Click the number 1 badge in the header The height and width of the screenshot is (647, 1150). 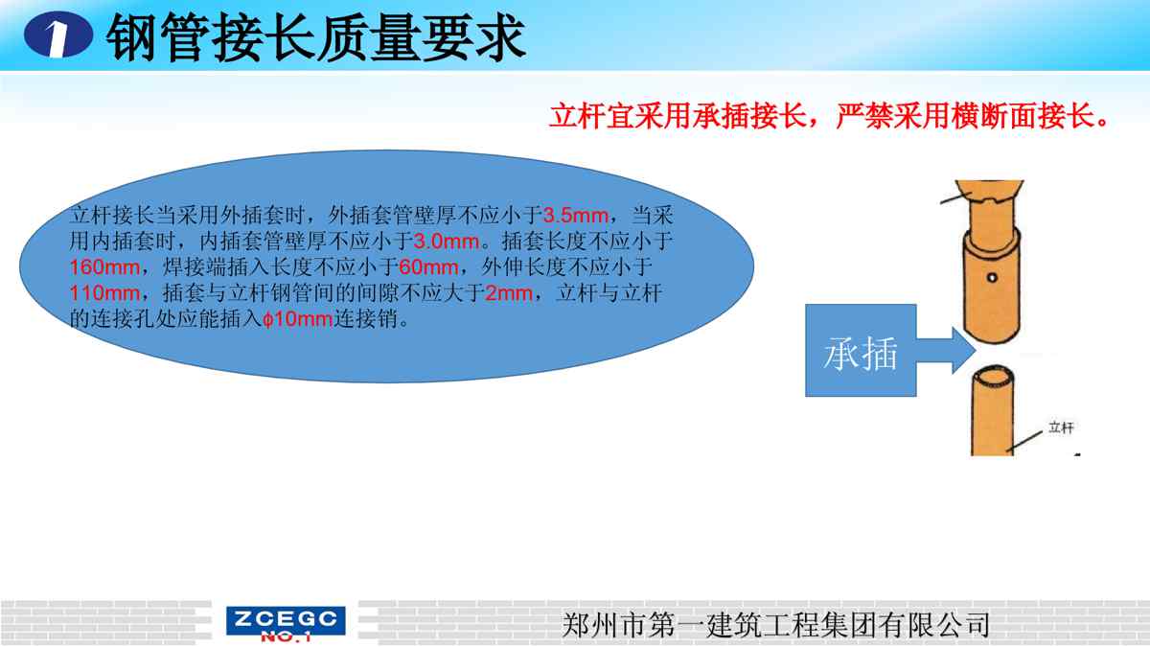58,35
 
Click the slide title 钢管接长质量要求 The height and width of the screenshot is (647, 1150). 315,37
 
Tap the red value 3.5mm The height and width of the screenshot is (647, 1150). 576,215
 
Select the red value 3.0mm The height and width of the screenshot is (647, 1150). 447,242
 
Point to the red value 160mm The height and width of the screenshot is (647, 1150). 104,267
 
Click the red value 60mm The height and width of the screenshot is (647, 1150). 428,267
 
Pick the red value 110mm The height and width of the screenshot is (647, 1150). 104,293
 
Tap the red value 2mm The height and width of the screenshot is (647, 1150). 509,293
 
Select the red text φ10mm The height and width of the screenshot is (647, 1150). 298,319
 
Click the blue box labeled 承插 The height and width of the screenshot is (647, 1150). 861,350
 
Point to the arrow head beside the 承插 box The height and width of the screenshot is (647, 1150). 964,350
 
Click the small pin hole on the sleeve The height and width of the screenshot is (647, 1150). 992,278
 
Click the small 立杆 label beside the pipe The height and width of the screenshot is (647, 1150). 1061,427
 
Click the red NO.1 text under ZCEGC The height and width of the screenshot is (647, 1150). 286,636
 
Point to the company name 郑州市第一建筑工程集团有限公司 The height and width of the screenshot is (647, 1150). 775,625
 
